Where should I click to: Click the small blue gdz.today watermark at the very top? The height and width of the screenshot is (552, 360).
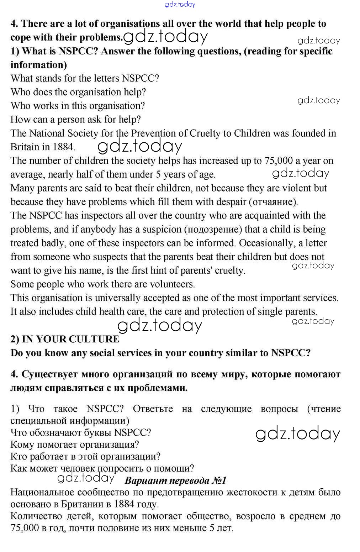point(180,4)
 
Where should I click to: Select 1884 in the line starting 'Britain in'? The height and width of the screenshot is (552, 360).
point(63,147)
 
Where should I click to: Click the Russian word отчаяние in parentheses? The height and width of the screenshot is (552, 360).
point(273,202)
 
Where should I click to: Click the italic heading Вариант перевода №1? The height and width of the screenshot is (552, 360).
point(175,480)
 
